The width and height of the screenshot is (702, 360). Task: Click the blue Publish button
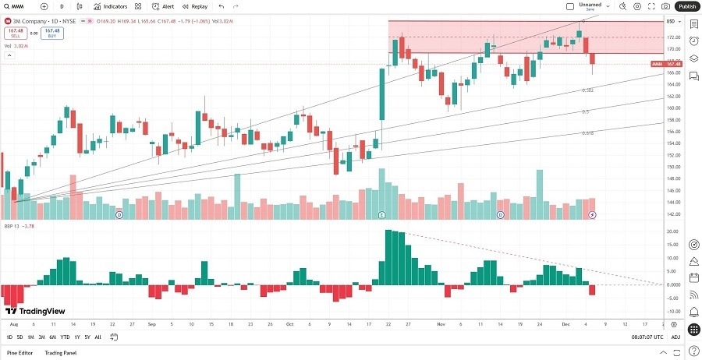[686, 6]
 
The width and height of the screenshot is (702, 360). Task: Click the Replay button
[195, 6]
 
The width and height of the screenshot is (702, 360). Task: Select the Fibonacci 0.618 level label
[587, 133]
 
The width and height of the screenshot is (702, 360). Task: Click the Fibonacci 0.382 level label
[588, 90]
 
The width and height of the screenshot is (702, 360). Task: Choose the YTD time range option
[64, 337]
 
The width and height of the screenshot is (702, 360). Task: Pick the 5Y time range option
[87, 337]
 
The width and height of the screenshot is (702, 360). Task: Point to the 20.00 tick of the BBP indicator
[670, 231]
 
